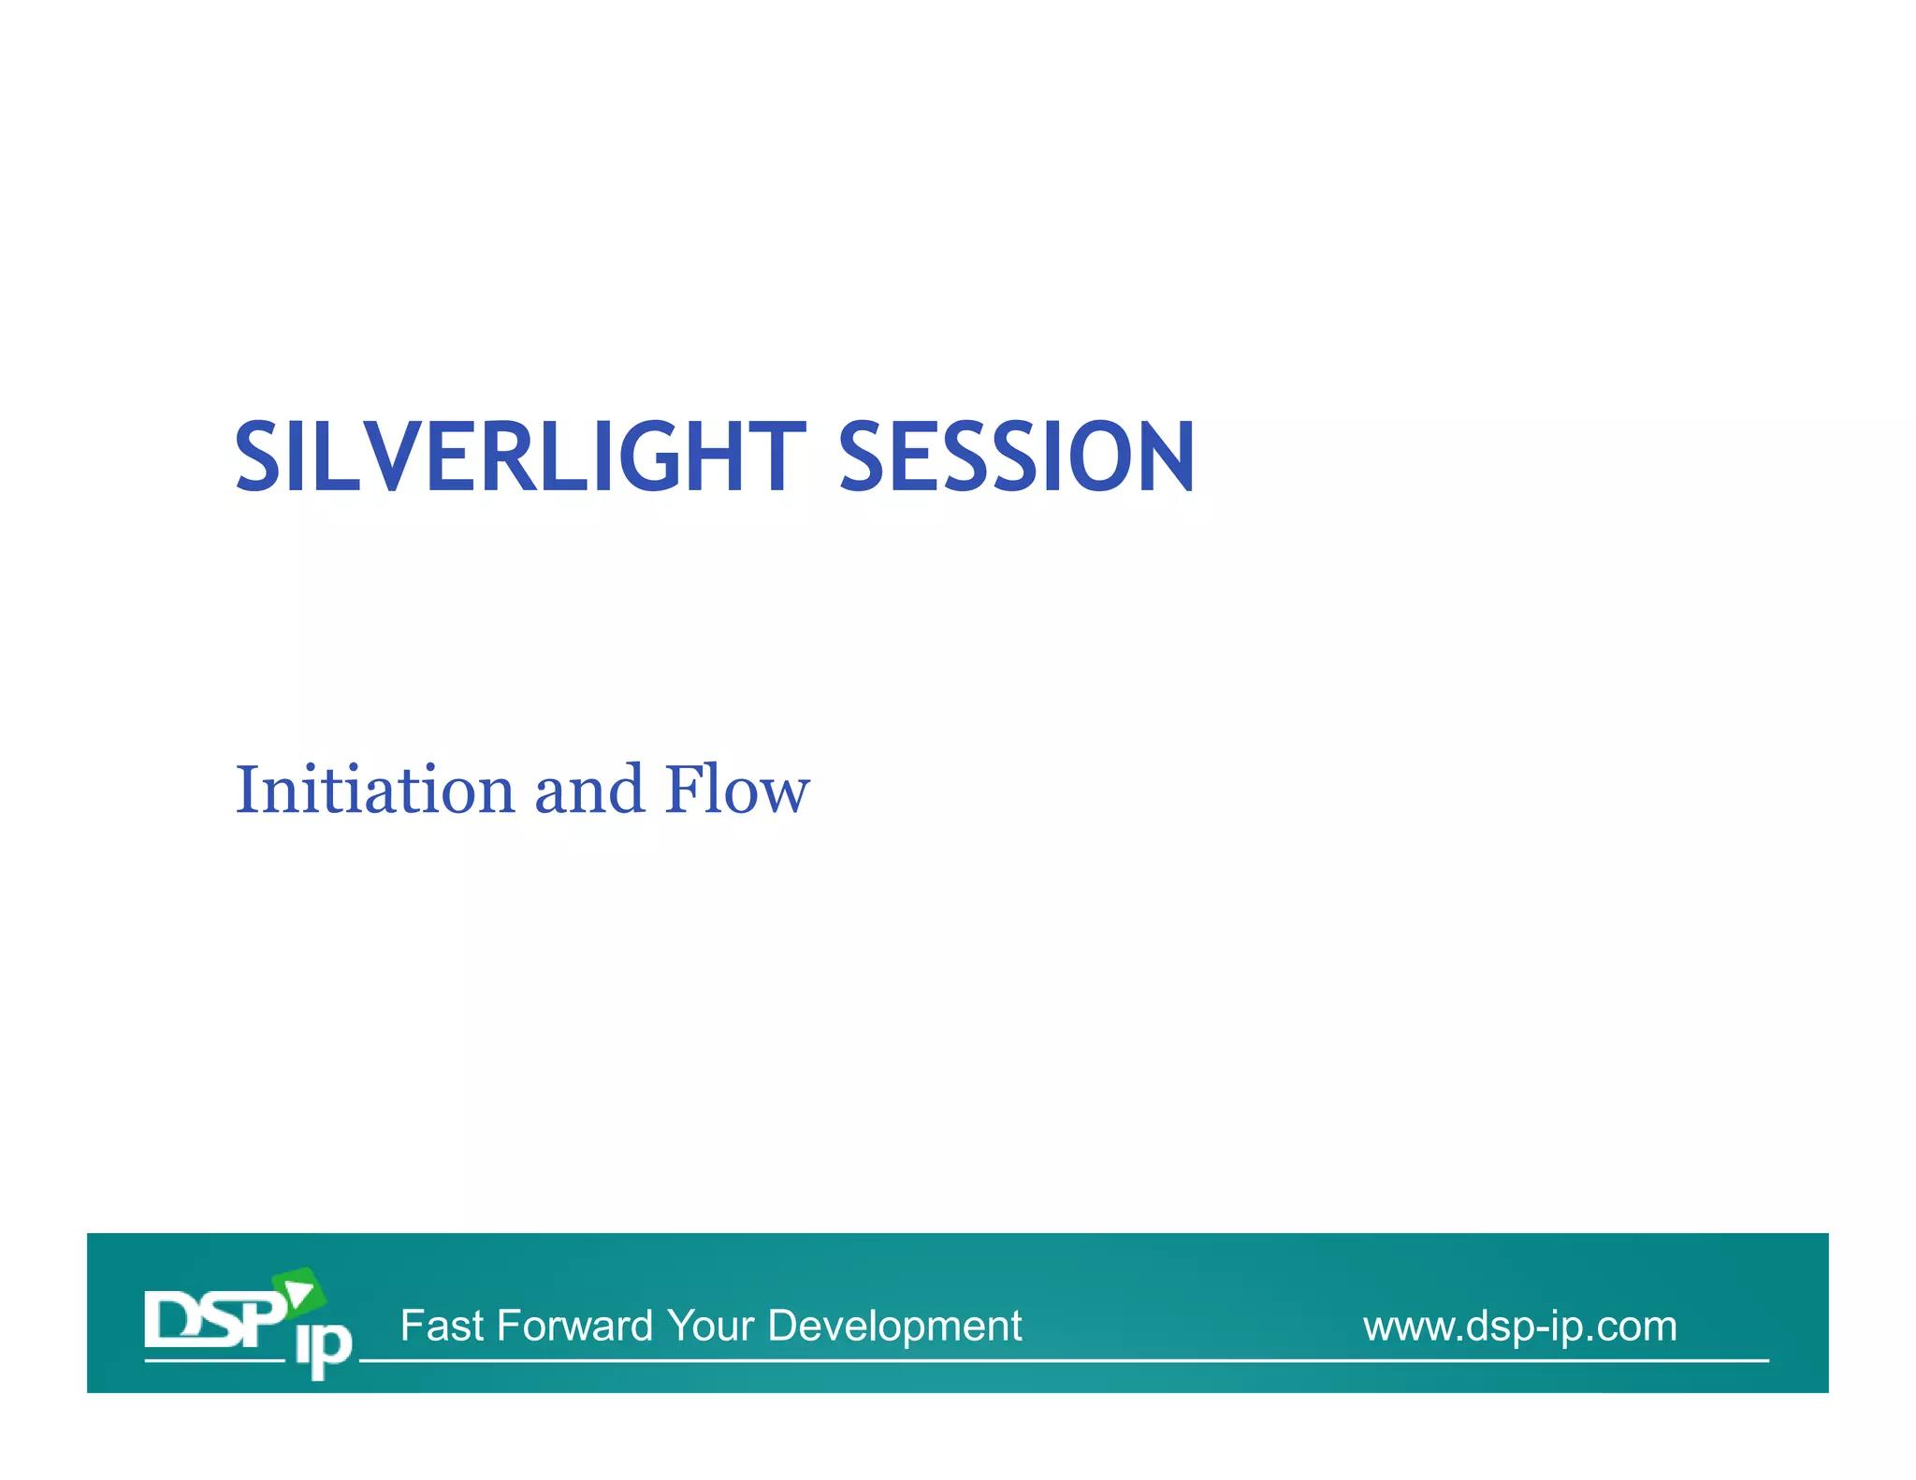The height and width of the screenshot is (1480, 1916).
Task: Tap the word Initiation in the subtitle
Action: (374, 790)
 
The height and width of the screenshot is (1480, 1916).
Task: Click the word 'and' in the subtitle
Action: (589, 790)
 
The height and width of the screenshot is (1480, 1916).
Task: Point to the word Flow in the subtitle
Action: (737, 790)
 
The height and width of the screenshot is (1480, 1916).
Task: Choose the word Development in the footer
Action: (894, 1326)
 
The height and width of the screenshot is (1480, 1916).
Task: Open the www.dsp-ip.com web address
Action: (1519, 1327)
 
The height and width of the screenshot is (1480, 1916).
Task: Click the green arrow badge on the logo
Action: (299, 1292)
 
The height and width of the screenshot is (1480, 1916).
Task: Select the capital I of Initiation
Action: (246, 790)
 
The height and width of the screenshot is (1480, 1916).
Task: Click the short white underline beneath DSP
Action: (213, 1360)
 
